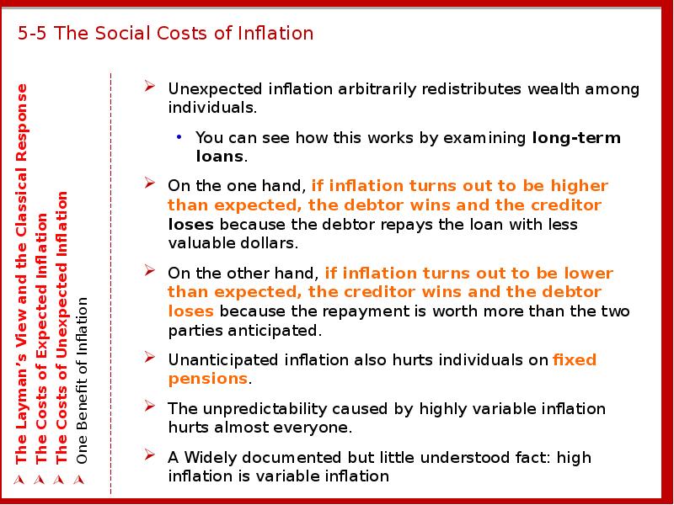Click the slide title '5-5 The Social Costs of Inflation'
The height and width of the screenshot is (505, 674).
click(x=165, y=34)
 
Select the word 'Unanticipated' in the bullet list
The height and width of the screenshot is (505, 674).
click(x=223, y=360)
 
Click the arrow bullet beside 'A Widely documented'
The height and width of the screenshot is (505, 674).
click(x=149, y=456)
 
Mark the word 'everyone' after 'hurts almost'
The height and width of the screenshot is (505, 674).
click(x=320, y=428)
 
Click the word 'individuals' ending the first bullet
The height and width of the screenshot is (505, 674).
click(x=210, y=108)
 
